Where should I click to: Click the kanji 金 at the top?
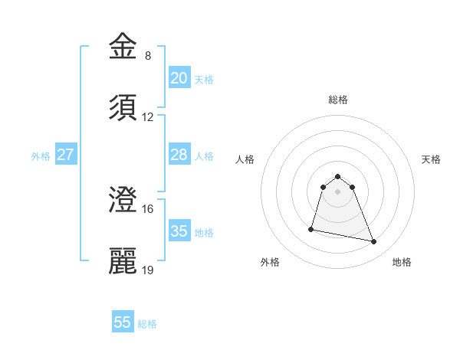click(123, 47)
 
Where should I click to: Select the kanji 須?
click(123, 108)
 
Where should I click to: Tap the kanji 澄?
click(123, 201)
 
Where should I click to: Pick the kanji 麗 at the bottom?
click(123, 261)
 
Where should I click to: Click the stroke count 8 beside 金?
click(148, 56)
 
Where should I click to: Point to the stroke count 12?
click(148, 117)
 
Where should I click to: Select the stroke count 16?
click(148, 209)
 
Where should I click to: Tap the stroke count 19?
click(148, 270)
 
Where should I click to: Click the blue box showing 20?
click(179, 77)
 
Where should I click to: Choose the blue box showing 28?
click(179, 155)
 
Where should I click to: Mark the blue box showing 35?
click(179, 231)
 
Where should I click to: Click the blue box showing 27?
click(65, 155)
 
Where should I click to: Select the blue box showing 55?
click(123, 322)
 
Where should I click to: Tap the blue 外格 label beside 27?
click(41, 155)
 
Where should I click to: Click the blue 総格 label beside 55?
click(147, 324)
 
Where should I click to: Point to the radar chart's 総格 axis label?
click(337, 100)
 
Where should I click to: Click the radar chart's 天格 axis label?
click(431, 159)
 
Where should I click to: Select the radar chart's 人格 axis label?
click(245, 159)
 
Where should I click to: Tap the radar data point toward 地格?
click(374, 242)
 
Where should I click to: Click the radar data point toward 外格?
click(312, 228)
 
